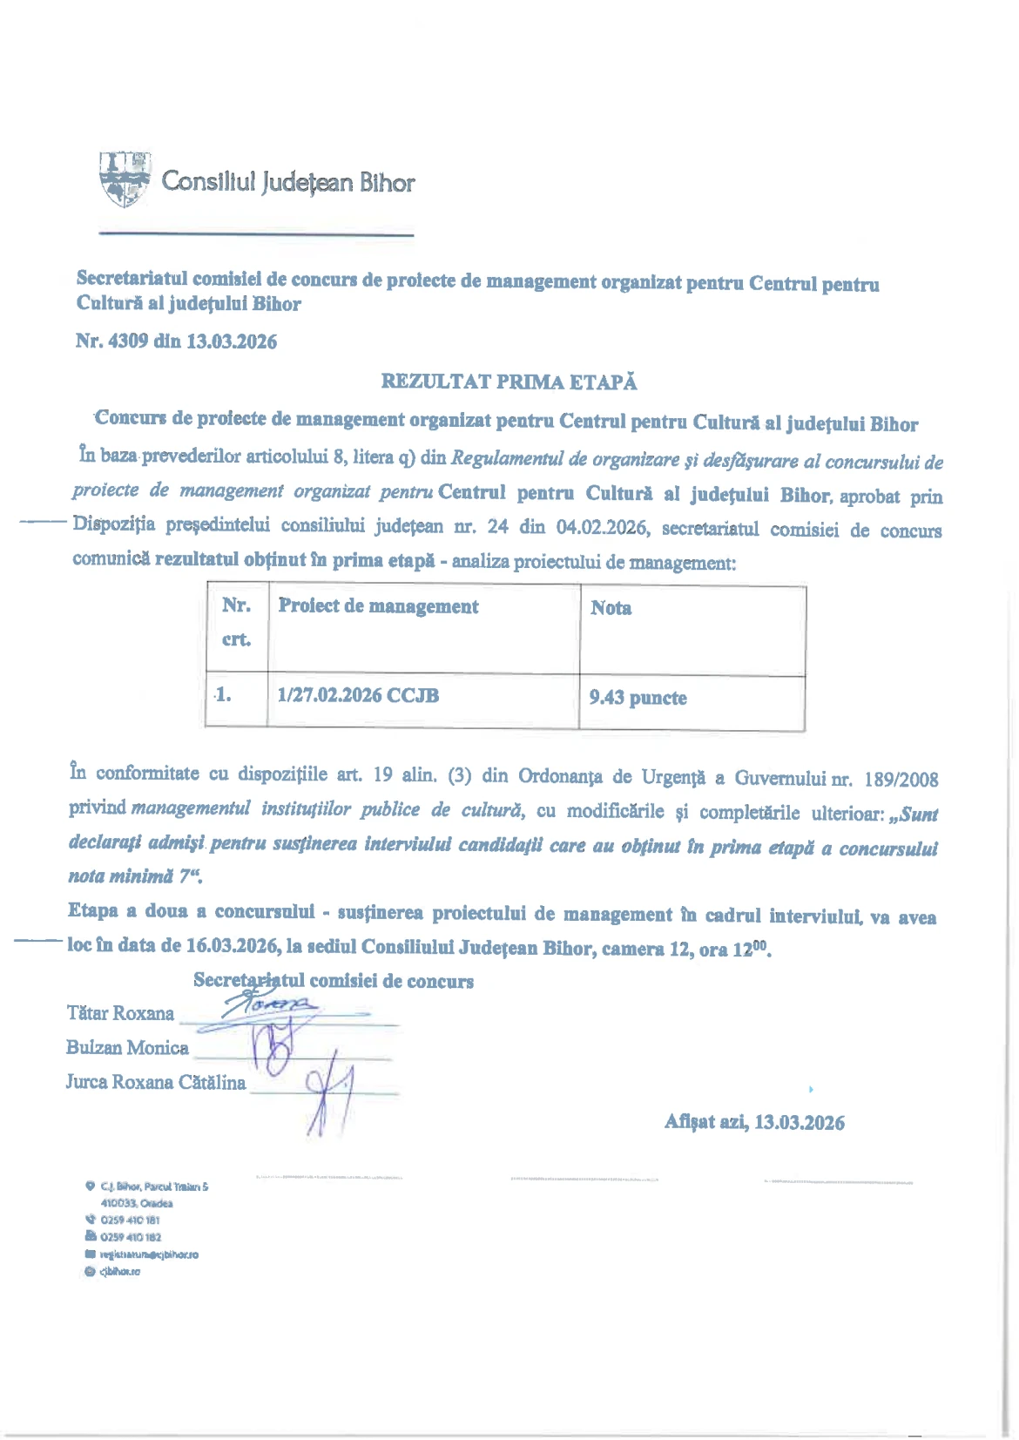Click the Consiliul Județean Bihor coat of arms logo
pos(125,179)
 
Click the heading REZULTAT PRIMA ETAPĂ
pos(509,382)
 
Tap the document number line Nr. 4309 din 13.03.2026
pos(176,341)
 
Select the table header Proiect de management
pos(378,606)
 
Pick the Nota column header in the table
pos(611,608)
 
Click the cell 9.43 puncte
pos(638,698)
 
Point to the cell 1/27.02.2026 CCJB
pos(358,695)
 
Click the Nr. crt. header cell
pos(236,622)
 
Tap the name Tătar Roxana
pos(120,1013)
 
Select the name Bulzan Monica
pos(127,1048)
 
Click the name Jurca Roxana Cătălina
pos(156,1083)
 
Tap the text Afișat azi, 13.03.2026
pos(754,1122)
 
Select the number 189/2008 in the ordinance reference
pos(901,778)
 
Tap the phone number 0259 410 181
pos(130,1220)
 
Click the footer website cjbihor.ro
pos(119,1272)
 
